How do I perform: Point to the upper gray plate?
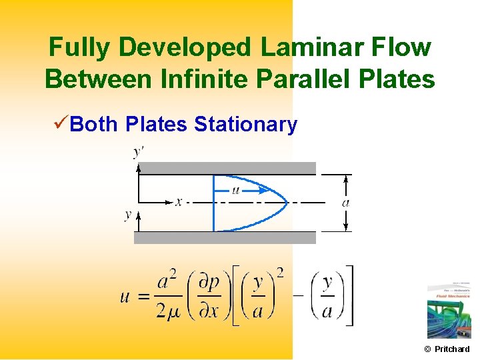tap(225, 168)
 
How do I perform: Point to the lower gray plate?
tap(225, 237)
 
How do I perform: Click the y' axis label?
tap(139, 153)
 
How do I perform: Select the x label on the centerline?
tap(178, 201)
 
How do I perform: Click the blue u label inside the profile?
tap(235, 190)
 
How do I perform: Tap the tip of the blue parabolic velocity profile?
tap(287, 201)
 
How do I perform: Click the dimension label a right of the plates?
tap(345, 202)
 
